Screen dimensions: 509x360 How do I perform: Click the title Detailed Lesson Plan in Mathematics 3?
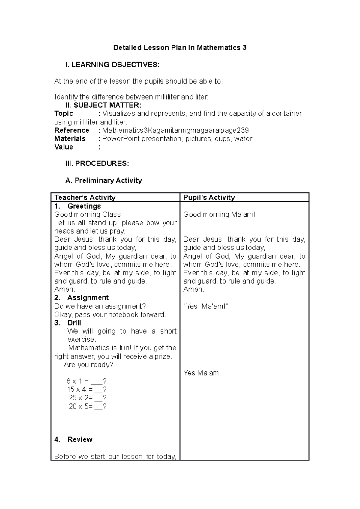180,48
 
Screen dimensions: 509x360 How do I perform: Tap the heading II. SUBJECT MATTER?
103,105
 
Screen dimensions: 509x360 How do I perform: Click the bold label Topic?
64,114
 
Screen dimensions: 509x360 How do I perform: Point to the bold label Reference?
72,130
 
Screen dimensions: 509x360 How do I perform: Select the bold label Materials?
70,139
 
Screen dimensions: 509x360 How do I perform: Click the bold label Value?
64,147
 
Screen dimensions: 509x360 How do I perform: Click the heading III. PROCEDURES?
97,164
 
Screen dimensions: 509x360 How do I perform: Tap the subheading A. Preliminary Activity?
103,180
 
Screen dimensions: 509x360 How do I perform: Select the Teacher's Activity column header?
85,197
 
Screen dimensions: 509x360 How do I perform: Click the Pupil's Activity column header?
209,197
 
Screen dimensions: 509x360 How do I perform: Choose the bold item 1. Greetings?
78,206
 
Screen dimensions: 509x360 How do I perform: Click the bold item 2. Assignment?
81,298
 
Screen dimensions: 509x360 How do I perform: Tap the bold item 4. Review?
73,439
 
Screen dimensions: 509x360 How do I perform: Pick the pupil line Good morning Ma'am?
219,215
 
